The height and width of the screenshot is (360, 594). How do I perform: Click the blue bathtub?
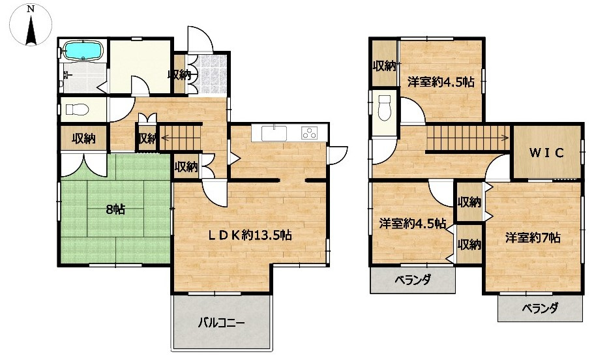tap(83, 50)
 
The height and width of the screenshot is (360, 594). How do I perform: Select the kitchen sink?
tap(274, 133)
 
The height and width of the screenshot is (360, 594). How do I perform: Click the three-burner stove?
tap(310, 134)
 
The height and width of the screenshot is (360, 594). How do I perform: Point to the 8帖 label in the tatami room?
tap(115, 209)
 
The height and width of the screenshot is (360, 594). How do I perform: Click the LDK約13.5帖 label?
tap(250, 235)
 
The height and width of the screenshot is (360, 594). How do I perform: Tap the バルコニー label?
tap(222, 323)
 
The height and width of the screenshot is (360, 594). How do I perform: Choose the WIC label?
tap(546, 153)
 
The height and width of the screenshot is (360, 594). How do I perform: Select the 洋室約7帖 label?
tap(533, 237)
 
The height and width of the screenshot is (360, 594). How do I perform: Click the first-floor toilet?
tap(77, 110)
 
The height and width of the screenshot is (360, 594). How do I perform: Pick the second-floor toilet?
tap(385, 108)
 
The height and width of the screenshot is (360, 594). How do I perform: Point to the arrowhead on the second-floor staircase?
tap(507, 137)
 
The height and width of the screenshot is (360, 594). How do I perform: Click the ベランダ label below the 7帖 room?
tap(540, 308)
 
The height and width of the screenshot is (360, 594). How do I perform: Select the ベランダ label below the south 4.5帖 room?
tap(413, 280)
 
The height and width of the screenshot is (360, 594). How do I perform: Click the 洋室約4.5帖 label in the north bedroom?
tap(441, 82)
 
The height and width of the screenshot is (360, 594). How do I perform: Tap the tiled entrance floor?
tap(211, 74)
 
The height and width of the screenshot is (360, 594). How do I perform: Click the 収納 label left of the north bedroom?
tap(384, 66)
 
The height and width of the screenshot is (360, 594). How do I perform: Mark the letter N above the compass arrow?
tap(31, 10)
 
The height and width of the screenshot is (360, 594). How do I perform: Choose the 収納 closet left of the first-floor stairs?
tap(147, 138)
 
